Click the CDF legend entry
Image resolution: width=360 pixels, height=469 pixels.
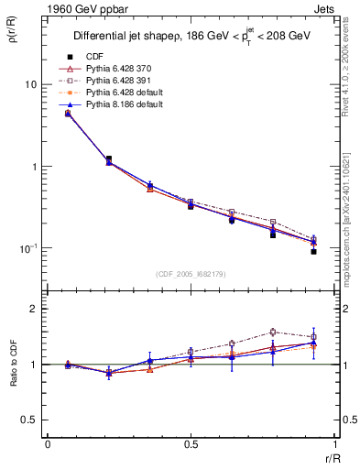coord(93,57)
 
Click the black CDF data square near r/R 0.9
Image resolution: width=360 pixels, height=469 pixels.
coord(313,251)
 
